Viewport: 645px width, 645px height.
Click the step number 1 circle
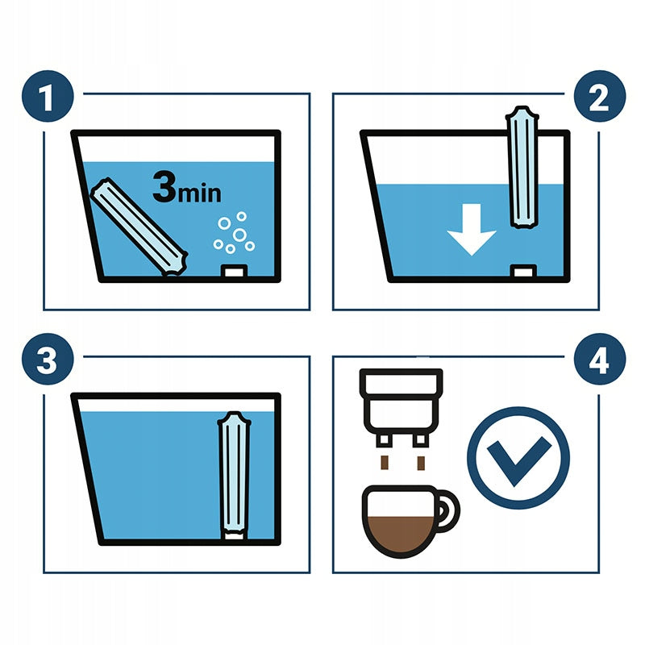48,96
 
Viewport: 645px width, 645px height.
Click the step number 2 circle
600,96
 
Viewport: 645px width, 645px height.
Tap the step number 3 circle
48,359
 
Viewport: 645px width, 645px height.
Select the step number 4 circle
600,359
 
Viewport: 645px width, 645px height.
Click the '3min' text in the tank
187,188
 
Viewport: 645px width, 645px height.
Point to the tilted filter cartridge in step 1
139,227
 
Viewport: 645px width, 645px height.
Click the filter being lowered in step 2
522,167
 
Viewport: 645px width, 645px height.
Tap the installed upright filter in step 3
234,474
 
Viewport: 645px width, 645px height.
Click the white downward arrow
472,229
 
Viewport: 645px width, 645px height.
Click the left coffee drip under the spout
385,463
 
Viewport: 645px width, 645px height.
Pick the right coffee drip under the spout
421,463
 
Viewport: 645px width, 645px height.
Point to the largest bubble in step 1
239,235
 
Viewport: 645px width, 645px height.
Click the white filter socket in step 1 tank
234,272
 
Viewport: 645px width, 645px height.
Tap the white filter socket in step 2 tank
523,272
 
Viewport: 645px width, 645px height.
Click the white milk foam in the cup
400,504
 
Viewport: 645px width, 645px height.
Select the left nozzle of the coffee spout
383,439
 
